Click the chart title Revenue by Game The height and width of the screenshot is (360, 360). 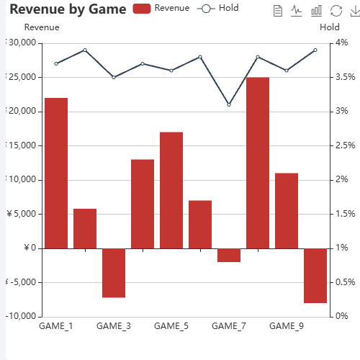68,9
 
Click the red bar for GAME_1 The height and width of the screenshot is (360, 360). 56,173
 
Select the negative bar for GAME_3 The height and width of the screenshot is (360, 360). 114,273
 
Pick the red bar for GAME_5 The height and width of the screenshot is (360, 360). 171,190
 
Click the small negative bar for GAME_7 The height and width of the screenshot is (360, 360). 229,255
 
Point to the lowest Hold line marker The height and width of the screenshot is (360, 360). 229,105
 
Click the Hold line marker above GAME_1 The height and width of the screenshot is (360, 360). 56,64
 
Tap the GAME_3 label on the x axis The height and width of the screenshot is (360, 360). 114,326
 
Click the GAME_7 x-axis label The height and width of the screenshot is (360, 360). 229,326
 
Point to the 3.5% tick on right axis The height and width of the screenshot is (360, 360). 345,77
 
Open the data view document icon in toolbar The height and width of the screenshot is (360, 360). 278,11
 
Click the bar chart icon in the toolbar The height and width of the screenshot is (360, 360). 316,11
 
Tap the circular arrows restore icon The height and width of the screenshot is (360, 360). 335,11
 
